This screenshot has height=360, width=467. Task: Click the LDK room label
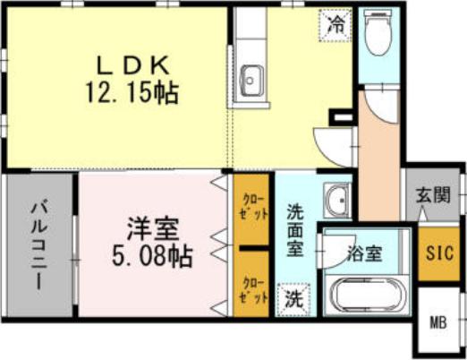pyautogui.click(x=132, y=65)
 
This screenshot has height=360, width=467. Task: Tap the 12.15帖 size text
pyautogui.click(x=132, y=92)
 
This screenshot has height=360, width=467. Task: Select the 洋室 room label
pyautogui.click(x=153, y=229)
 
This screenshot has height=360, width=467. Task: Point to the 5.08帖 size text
pyautogui.click(x=152, y=256)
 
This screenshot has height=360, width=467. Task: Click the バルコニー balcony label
pyautogui.click(x=39, y=245)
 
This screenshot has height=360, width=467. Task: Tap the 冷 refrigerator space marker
pyautogui.click(x=335, y=25)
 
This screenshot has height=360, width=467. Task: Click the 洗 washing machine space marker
pyautogui.click(x=293, y=299)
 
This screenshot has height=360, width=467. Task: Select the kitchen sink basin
pyautogui.click(x=252, y=81)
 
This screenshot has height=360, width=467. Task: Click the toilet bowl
pyautogui.click(x=378, y=33)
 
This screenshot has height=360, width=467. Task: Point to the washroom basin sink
pyautogui.click(x=337, y=201)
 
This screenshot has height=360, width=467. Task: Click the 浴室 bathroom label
pyautogui.click(x=364, y=254)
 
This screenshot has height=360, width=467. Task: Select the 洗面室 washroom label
pyautogui.click(x=295, y=230)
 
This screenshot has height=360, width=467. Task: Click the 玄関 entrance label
pyautogui.click(x=433, y=195)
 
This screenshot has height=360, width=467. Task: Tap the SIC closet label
pyautogui.click(x=439, y=253)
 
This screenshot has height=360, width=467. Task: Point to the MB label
pyautogui.click(x=438, y=322)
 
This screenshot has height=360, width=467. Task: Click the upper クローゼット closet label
pyautogui.click(x=254, y=207)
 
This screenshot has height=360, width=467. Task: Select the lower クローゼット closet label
pyautogui.click(x=254, y=290)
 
